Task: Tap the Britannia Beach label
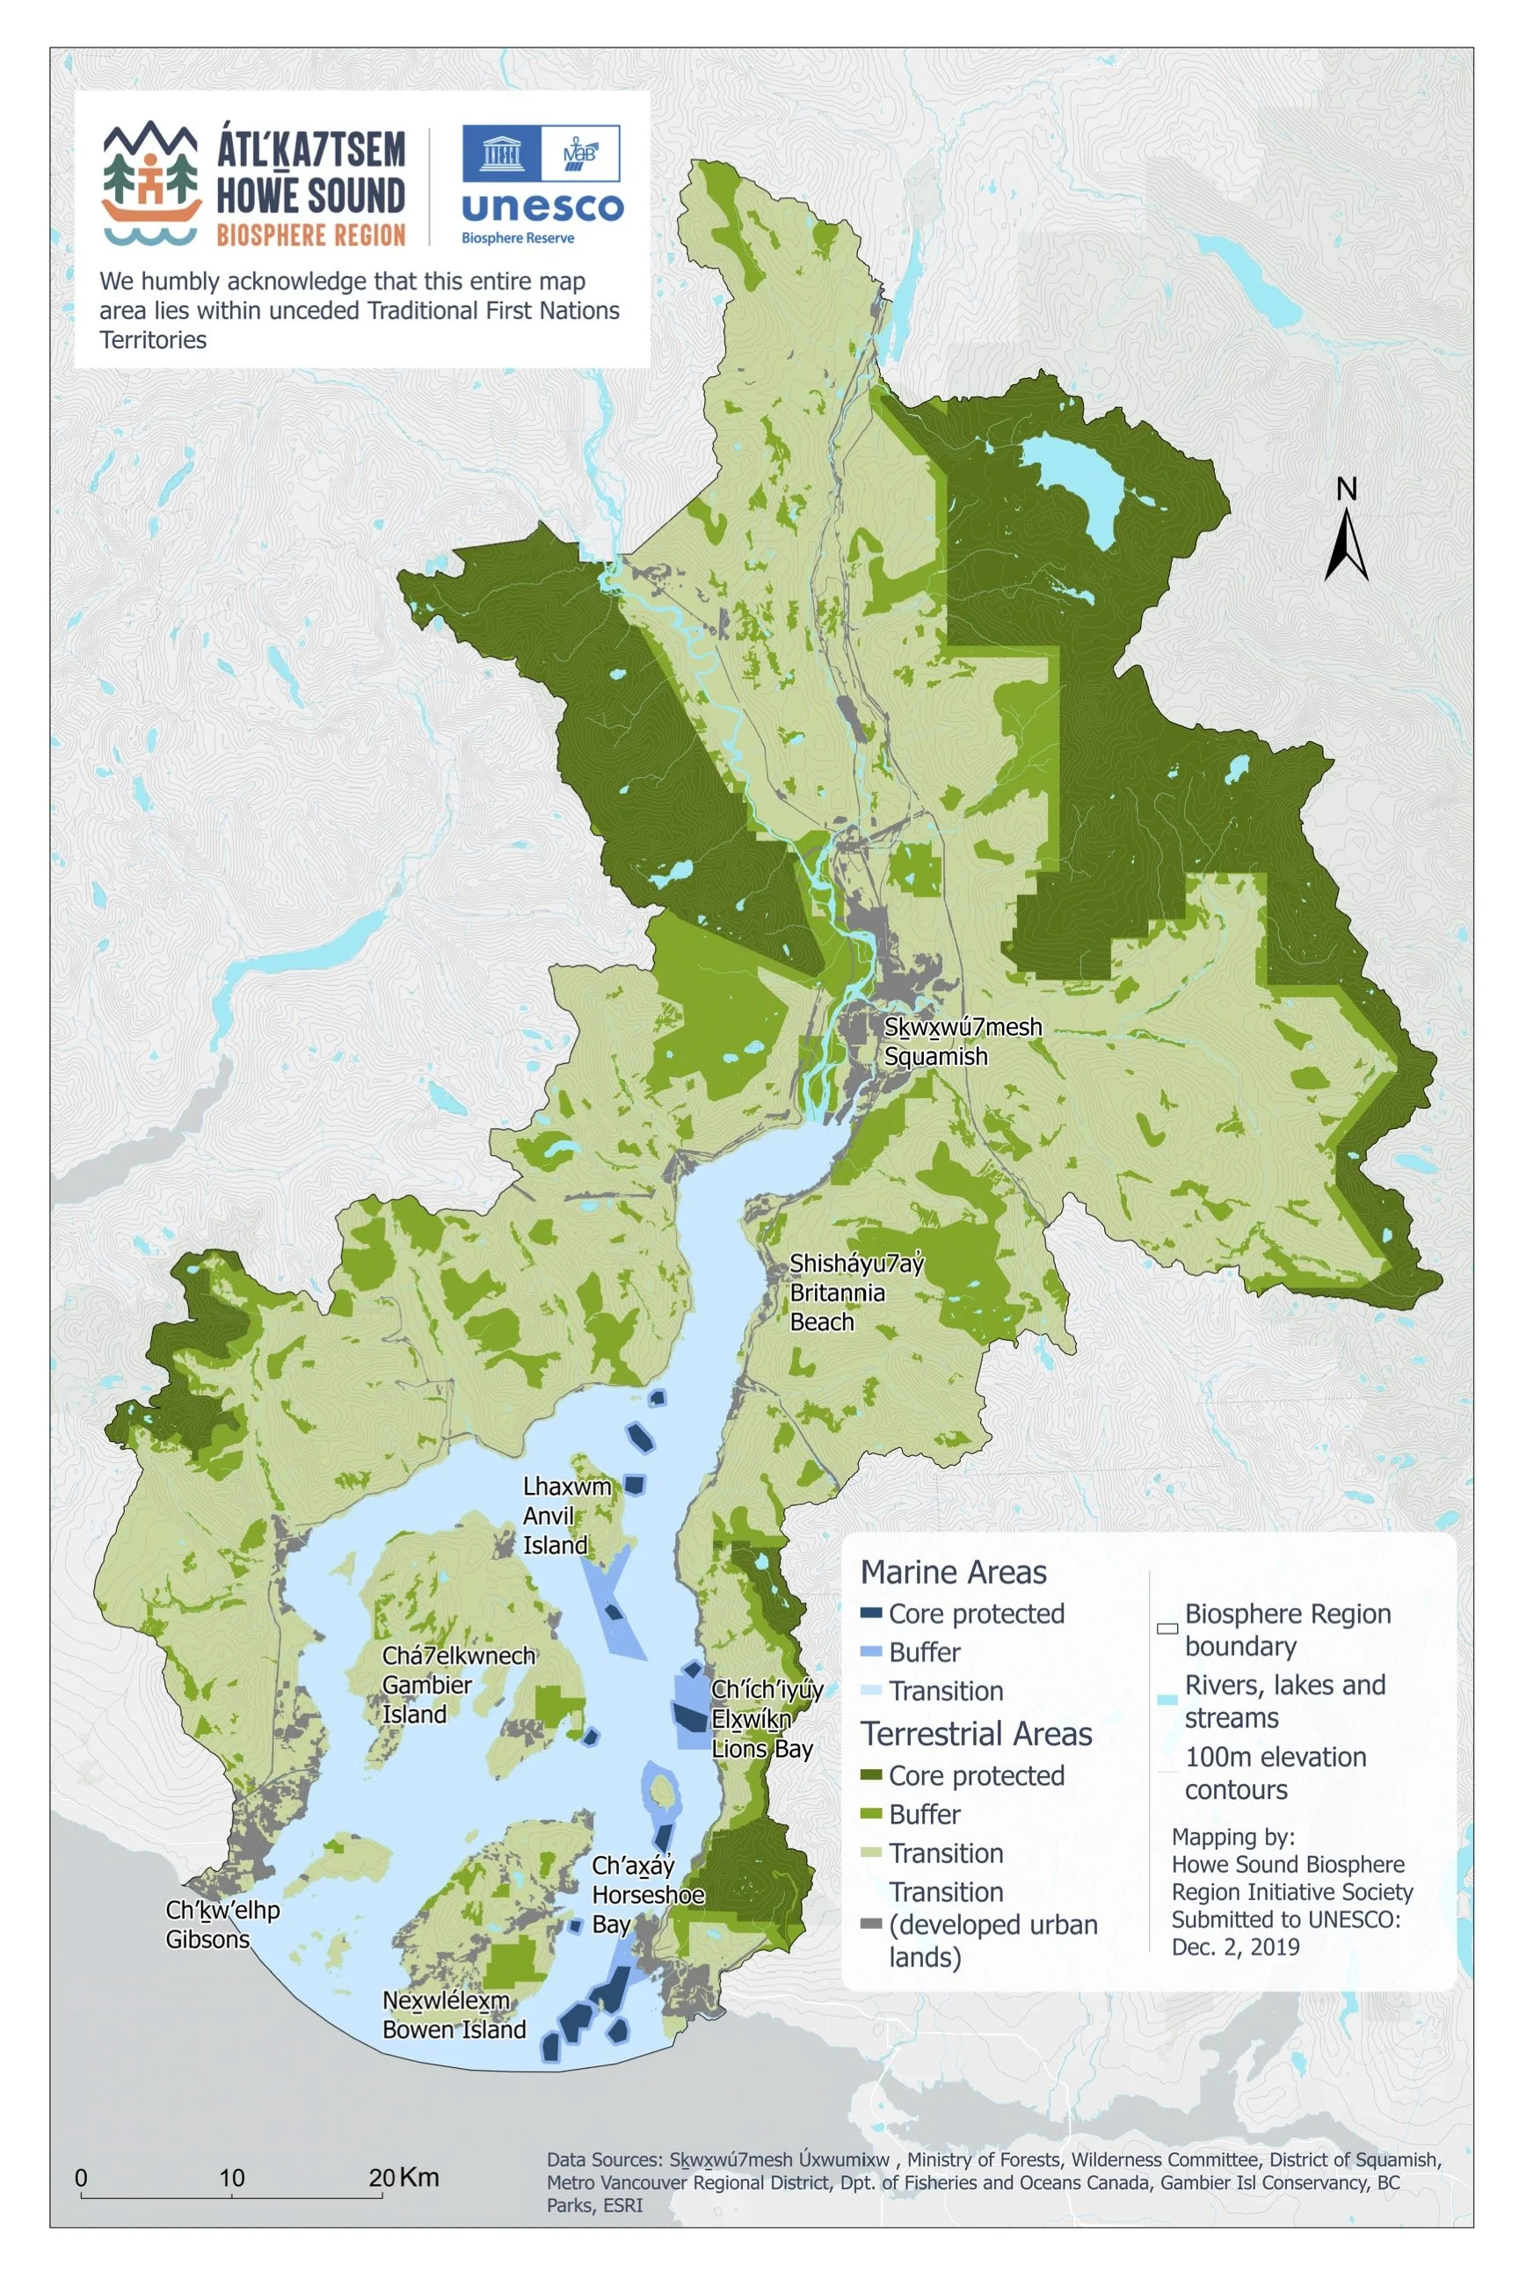tap(837, 1292)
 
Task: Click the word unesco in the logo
tap(541, 208)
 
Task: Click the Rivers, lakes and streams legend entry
tap(1284, 1701)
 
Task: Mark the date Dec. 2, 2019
tap(1235, 1948)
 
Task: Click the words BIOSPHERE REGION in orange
tap(310, 235)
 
